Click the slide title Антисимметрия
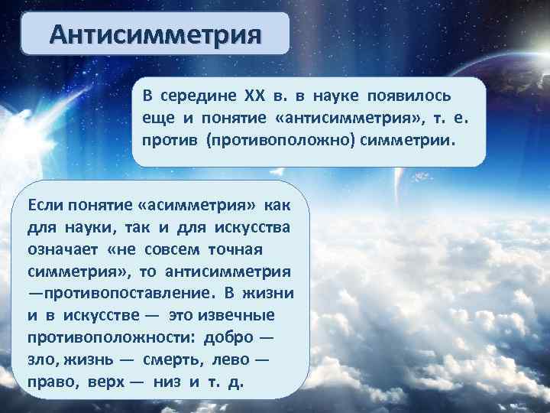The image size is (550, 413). click(x=155, y=35)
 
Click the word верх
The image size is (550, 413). click(x=105, y=382)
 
